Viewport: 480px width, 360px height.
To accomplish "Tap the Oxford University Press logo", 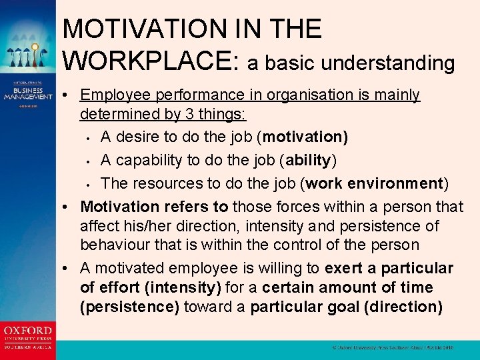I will point(28,336).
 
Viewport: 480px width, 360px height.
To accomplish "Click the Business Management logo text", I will point(28,94).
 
